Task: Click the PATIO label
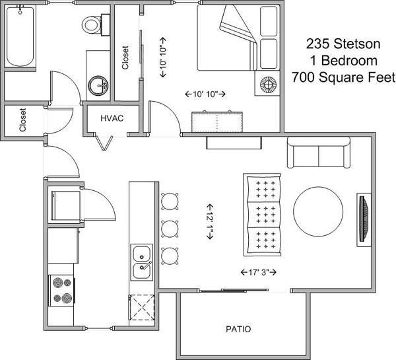(238, 329)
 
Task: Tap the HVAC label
(112, 118)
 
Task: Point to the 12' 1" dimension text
(211, 220)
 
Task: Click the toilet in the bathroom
(92, 24)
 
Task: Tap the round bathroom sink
(100, 85)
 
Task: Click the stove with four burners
(61, 290)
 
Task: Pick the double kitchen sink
(142, 262)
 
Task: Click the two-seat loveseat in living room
(318, 153)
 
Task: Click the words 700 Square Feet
(343, 77)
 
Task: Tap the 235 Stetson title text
(343, 44)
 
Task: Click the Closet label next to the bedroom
(125, 57)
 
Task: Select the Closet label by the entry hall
(22, 120)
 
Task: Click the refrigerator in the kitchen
(64, 205)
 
